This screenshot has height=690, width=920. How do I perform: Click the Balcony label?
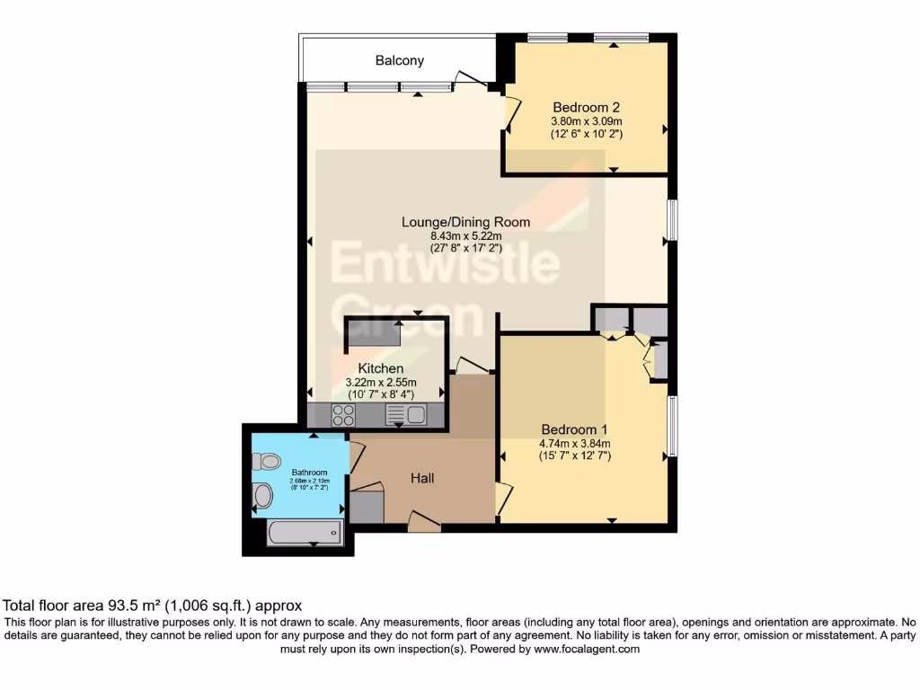pos(400,61)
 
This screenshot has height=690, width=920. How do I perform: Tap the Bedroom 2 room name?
pos(587,106)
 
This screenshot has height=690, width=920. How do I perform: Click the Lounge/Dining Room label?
pos(465,222)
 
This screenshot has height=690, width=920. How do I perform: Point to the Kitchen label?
pos(381,368)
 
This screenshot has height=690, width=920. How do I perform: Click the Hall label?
pos(422,478)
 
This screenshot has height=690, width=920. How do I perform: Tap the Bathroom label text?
pos(310,472)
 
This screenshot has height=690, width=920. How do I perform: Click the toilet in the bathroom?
pos(266,462)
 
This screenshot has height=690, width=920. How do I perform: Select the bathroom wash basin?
pos(263,495)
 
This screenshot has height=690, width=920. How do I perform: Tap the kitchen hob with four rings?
pos(343,414)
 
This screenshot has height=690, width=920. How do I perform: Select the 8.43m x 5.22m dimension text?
pos(465,235)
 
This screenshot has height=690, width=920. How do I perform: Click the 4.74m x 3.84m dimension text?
pos(574,443)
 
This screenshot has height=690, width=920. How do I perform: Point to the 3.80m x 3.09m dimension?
pos(587,120)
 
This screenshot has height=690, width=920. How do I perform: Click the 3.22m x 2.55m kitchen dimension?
pos(381,382)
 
